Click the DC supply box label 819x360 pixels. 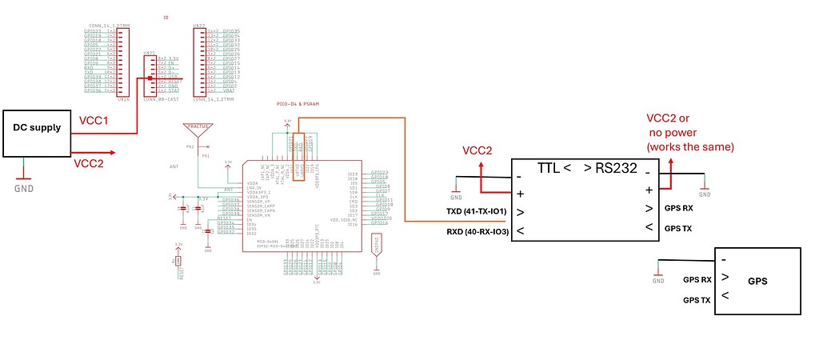click(x=37, y=127)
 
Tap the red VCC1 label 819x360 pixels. click(x=94, y=121)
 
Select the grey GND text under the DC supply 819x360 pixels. click(x=25, y=189)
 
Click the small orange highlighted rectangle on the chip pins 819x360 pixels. click(x=298, y=157)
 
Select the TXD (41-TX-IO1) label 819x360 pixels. click(x=475, y=212)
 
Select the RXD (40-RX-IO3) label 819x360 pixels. click(x=477, y=232)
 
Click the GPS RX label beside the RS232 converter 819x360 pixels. click(x=679, y=208)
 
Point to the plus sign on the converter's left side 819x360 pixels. click(x=521, y=193)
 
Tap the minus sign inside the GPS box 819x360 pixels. click(x=724, y=260)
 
